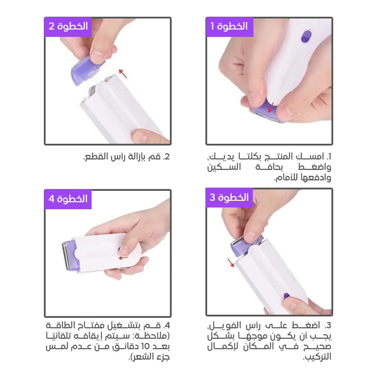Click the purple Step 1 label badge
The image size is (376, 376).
229,27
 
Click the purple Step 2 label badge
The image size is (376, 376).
68,27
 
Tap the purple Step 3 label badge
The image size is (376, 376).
229,198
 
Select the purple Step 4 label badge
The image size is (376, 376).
68,199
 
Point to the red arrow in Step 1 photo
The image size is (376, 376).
271,107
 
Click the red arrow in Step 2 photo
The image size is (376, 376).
123,73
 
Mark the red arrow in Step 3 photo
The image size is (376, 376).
231,263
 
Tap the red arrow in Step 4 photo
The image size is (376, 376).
124,258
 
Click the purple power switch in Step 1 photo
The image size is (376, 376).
306,37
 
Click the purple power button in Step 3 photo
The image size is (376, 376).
286,296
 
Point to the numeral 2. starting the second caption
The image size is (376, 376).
166,157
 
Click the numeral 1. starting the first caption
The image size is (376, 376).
329,157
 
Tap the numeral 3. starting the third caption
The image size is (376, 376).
328,326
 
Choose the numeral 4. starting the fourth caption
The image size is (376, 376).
166,326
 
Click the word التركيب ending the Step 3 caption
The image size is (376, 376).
317,357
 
